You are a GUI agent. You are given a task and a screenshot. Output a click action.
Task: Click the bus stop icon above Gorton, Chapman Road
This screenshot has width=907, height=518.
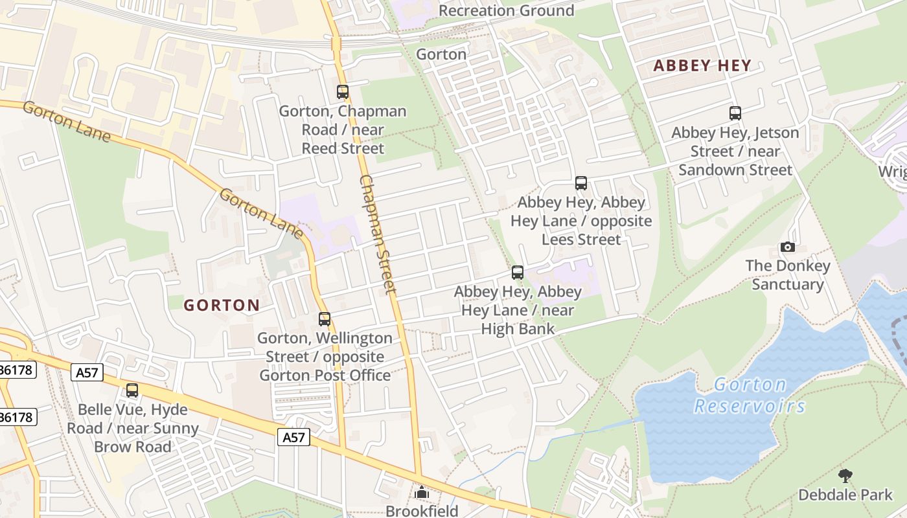click(x=343, y=92)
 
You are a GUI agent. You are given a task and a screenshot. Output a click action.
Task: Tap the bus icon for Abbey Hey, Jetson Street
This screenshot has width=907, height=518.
click(x=735, y=113)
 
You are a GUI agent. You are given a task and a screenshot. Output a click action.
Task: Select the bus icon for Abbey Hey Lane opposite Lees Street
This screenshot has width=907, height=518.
click(x=581, y=183)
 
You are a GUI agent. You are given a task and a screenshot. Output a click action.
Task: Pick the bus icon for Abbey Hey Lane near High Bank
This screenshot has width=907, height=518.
click(x=517, y=273)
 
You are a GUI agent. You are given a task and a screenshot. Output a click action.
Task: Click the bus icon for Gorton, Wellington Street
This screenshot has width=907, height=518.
click(x=325, y=319)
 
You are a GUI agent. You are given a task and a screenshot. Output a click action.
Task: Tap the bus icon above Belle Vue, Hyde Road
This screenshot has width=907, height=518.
click(x=132, y=390)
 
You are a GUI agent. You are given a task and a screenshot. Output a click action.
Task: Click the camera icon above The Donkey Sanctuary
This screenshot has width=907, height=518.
click(x=788, y=247)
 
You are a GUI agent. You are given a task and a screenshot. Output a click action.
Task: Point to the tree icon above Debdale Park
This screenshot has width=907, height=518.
click(x=845, y=477)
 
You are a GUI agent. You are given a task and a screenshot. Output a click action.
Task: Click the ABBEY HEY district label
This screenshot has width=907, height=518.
click(x=702, y=65)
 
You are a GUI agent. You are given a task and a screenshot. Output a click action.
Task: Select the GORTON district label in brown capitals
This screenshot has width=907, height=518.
click(x=222, y=305)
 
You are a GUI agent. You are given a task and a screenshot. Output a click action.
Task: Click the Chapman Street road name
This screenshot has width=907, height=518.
click(x=378, y=234)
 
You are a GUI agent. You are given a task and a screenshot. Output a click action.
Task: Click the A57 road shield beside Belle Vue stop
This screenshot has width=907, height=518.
click(x=87, y=372)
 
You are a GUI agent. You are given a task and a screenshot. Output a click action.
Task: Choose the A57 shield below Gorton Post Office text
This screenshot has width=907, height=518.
click(x=294, y=437)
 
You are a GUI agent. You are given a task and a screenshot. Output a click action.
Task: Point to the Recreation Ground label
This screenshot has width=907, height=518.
click(x=506, y=10)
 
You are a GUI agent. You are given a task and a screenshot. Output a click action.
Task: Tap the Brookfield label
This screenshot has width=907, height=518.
click(x=422, y=511)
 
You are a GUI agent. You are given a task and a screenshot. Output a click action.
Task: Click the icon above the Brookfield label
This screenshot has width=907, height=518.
click(x=422, y=493)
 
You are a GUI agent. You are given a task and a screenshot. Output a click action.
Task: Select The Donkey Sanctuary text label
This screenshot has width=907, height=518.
click(x=787, y=275)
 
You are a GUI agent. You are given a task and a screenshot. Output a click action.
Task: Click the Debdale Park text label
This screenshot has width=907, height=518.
click(x=845, y=495)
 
